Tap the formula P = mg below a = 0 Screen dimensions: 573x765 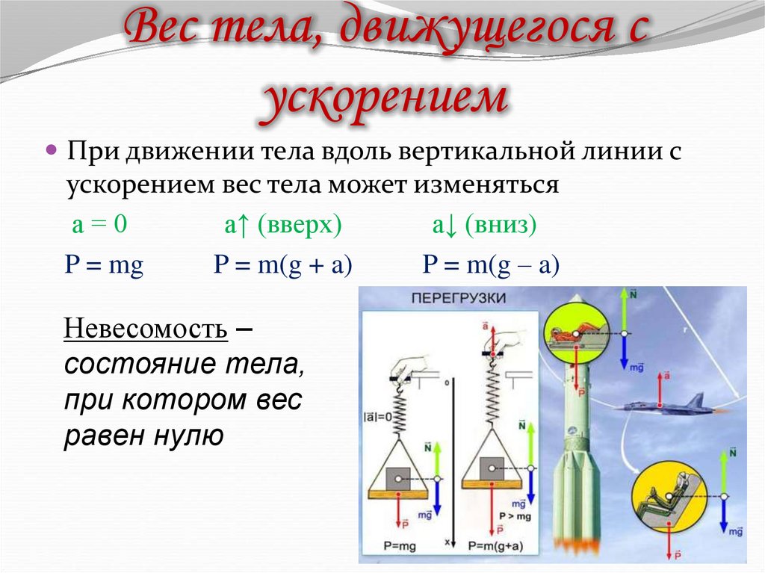tap(105, 267)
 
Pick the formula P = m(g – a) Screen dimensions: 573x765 tap(491, 267)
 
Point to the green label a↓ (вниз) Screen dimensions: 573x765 tap(484, 226)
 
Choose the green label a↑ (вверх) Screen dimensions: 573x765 tap(283, 226)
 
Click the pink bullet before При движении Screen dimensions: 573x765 tap(52, 150)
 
